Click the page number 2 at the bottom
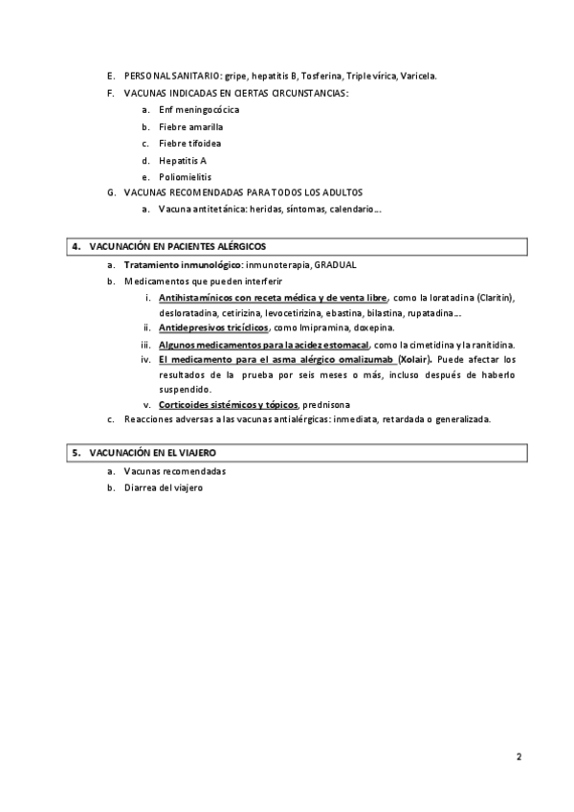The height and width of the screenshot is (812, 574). coord(519,756)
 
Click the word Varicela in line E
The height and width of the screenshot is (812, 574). coord(419,76)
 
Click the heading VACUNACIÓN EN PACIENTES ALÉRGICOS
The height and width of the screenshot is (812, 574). coord(177,247)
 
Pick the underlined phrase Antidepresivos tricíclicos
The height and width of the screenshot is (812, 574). coord(213,327)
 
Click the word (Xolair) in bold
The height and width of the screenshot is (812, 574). coord(414,359)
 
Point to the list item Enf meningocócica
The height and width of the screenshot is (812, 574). coord(186,110)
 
